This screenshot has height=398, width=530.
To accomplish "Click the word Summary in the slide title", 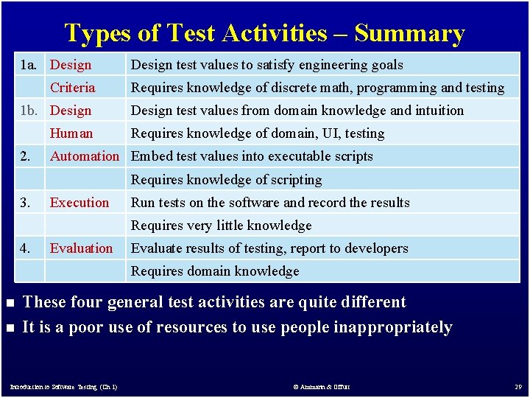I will [x=409, y=33].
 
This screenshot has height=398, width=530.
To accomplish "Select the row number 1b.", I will [x=29, y=111].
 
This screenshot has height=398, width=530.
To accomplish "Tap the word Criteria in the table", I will [x=72, y=88].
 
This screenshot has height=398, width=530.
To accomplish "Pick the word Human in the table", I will [x=71, y=133].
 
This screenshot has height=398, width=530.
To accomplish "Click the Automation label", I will [x=84, y=156].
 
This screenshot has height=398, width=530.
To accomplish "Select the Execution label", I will [x=79, y=203].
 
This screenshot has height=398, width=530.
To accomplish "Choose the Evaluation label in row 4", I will [x=81, y=248].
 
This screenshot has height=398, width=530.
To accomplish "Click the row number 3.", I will [x=25, y=203].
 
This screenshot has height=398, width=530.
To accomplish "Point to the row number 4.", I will [x=25, y=248].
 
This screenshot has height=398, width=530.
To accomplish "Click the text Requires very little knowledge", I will [x=221, y=226].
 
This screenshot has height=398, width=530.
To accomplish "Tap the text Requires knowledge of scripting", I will [x=226, y=180].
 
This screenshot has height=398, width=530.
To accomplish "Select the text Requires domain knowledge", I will [x=215, y=271].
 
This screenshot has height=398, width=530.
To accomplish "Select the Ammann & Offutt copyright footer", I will [x=322, y=386].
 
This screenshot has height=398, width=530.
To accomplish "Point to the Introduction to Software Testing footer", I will [x=63, y=386].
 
